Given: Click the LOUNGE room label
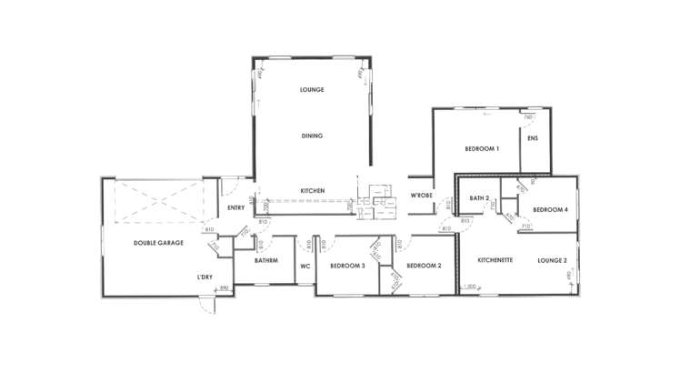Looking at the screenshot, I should tap(312, 90).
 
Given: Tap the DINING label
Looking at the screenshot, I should tap(312, 136).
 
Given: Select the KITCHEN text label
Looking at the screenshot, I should tap(313, 190).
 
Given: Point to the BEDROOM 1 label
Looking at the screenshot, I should tap(482, 148).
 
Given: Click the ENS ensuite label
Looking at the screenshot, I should tap(534, 138).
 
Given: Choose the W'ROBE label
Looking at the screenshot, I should tap(420, 197).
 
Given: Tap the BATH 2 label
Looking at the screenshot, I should tap(480, 197).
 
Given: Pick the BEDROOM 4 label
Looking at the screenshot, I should tap(550, 210).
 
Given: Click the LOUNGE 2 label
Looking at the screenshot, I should tap(552, 260).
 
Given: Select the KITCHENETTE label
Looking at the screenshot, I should tap(495, 260).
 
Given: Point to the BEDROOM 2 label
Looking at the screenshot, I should tap(424, 266).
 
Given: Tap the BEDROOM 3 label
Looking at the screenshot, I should tap(347, 266).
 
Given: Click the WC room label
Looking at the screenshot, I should tap(305, 266).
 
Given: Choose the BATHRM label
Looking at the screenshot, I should tap(266, 261).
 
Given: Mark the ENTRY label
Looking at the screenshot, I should tap(235, 208).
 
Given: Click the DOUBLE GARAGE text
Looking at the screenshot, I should tap(159, 243).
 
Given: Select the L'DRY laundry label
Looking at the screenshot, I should tap(205, 276).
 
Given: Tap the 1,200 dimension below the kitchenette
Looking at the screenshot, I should tap(470, 287).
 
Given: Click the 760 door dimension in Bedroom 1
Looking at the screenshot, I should tap(527, 116).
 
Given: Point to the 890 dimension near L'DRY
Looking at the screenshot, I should tap(224, 288).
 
